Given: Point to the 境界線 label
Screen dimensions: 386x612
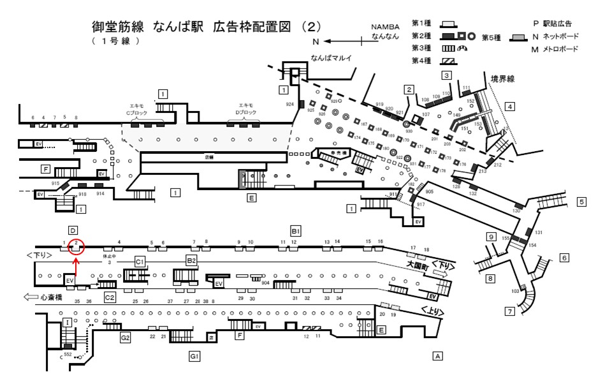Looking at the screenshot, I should click(502, 78).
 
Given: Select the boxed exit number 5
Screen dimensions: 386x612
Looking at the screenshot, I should click(581, 202).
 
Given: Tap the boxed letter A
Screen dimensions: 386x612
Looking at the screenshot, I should click(437, 355).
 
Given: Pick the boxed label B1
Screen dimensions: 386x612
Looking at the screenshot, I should click(295, 230).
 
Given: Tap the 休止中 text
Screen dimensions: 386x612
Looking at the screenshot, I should click(110, 256).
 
